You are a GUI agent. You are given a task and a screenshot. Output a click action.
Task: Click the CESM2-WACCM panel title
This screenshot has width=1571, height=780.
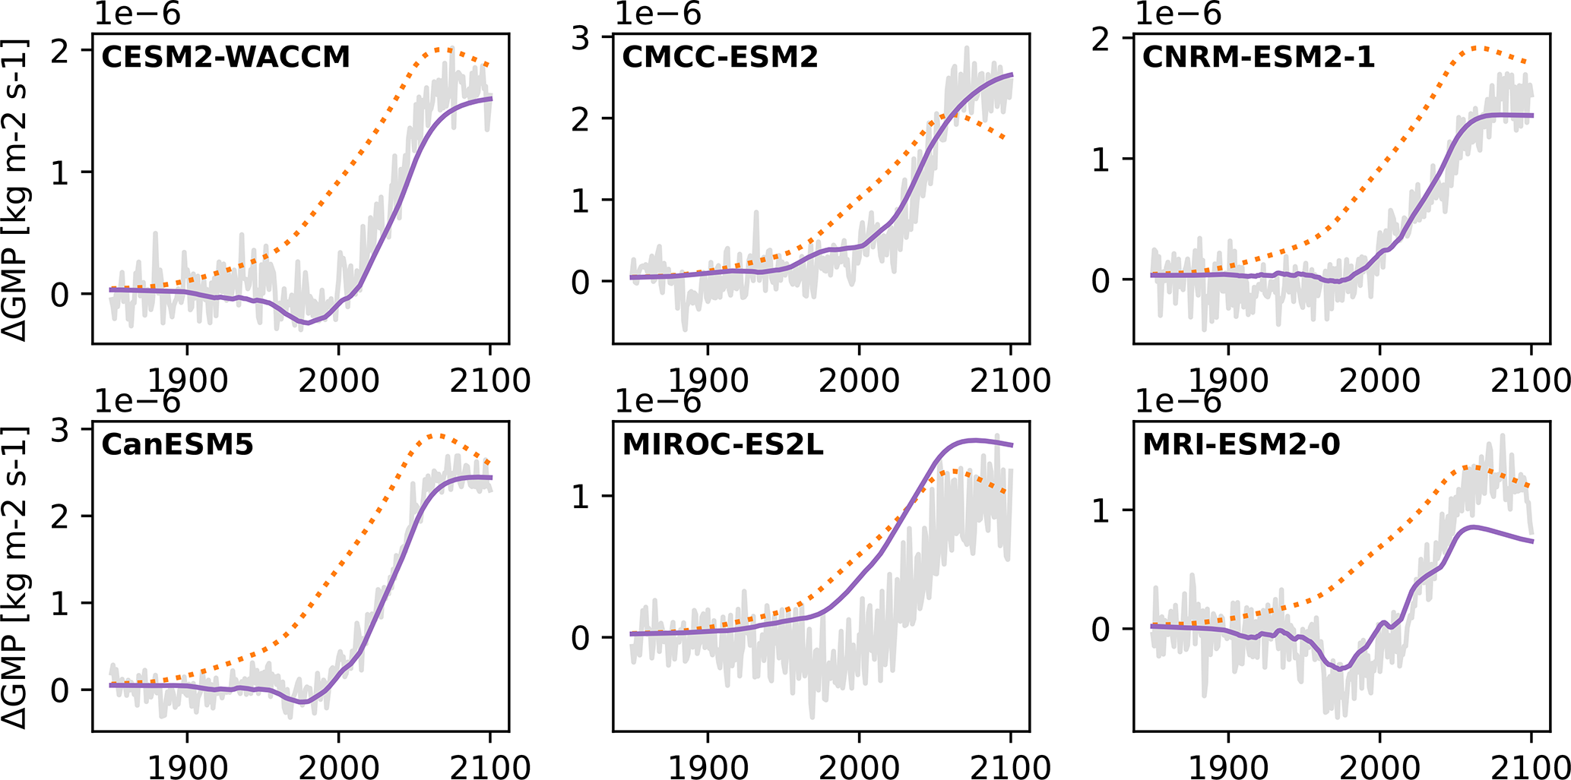point(225,57)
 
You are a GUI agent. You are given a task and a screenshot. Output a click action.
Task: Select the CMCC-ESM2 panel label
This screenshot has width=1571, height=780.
point(720,57)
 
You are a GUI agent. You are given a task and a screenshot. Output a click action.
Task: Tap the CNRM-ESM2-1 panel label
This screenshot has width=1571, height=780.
point(1259,57)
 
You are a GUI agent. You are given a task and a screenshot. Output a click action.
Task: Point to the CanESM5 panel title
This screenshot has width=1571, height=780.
point(177,444)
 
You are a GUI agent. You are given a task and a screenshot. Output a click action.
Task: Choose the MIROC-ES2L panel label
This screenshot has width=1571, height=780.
point(723,444)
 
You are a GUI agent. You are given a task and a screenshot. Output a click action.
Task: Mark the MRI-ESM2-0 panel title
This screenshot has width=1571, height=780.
point(1241,444)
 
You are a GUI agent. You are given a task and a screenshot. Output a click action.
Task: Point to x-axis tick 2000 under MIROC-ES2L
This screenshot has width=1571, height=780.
point(859,766)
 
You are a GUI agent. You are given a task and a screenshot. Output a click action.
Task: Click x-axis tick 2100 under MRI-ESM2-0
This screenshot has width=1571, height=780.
point(1529,766)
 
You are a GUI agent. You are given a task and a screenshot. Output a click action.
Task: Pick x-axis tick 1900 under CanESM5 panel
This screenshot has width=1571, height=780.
point(187,766)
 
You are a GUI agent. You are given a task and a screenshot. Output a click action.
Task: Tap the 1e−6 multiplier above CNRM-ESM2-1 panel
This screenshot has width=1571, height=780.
point(1178,14)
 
